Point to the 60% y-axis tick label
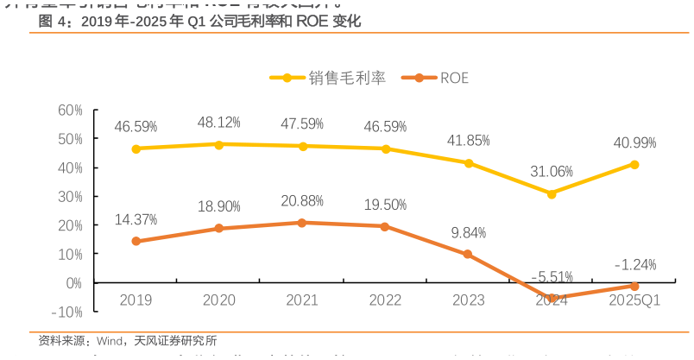pos(69,110)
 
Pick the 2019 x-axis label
pos(136,300)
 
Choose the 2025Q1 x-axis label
pos(634,300)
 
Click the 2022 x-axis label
pos(385,300)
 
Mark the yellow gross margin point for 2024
pos(552,193)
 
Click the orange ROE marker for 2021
pos(302,223)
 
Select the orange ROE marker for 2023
pos(468,255)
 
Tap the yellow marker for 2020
pos(219,144)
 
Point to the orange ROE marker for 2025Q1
pos(634,286)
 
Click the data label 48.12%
pos(219,123)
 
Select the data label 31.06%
pos(552,172)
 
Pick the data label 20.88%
pos(302,201)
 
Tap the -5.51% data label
pos(552,277)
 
